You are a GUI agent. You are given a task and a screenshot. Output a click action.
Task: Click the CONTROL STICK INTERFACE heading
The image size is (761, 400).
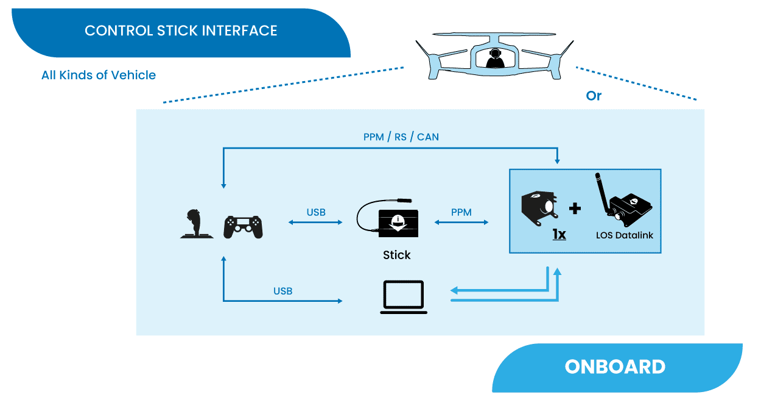[x=181, y=30]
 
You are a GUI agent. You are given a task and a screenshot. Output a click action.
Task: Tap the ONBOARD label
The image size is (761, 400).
[x=615, y=366]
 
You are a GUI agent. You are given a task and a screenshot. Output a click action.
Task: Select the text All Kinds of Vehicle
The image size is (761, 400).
[x=99, y=75]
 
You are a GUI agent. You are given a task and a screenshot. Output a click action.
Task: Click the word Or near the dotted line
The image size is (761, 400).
[x=594, y=96]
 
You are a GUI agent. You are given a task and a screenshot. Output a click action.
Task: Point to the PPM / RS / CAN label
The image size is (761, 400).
[x=401, y=137]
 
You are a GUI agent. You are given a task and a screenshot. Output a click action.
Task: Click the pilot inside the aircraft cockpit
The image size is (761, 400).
[x=495, y=59]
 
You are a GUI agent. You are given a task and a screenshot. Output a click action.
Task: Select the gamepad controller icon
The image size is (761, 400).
[x=244, y=226]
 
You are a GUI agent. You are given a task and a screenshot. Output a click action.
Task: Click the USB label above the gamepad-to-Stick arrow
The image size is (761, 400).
[x=316, y=212]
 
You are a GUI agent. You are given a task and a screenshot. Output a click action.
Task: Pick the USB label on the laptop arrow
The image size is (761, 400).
[x=283, y=291]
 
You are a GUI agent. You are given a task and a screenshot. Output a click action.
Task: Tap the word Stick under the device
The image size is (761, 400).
[x=397, y=255]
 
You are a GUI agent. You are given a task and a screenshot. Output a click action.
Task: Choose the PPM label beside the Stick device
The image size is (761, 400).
[x=461, y=212]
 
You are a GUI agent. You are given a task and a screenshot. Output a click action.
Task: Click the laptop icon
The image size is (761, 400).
[x=404, y=297]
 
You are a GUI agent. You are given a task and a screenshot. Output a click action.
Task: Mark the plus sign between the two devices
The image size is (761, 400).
[x=575, y=209]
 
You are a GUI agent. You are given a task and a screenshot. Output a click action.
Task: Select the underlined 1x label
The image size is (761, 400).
[x=559, y=234]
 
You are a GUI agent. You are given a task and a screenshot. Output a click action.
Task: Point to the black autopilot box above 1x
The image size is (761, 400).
[x=539, y=207]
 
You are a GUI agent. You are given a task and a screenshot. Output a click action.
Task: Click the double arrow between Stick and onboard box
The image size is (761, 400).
[x=461, y=223]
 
